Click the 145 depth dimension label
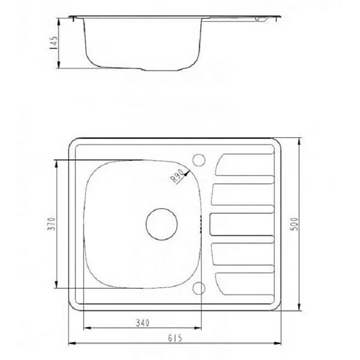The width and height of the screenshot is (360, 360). (54, 43)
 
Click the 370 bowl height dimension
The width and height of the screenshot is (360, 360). (52, 224)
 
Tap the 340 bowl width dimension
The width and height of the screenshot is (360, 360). (143, 323)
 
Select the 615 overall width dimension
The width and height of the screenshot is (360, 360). (175, 338)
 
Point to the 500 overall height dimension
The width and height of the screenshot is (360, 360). (294, 224)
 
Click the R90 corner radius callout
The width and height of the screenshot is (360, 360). (177, 176)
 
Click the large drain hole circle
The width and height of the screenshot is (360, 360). (161, 224)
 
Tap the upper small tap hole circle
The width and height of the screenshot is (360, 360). (199, 160)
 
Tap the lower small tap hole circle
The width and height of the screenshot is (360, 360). (199, 289)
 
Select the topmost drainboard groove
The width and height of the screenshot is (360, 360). (245, 165)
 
